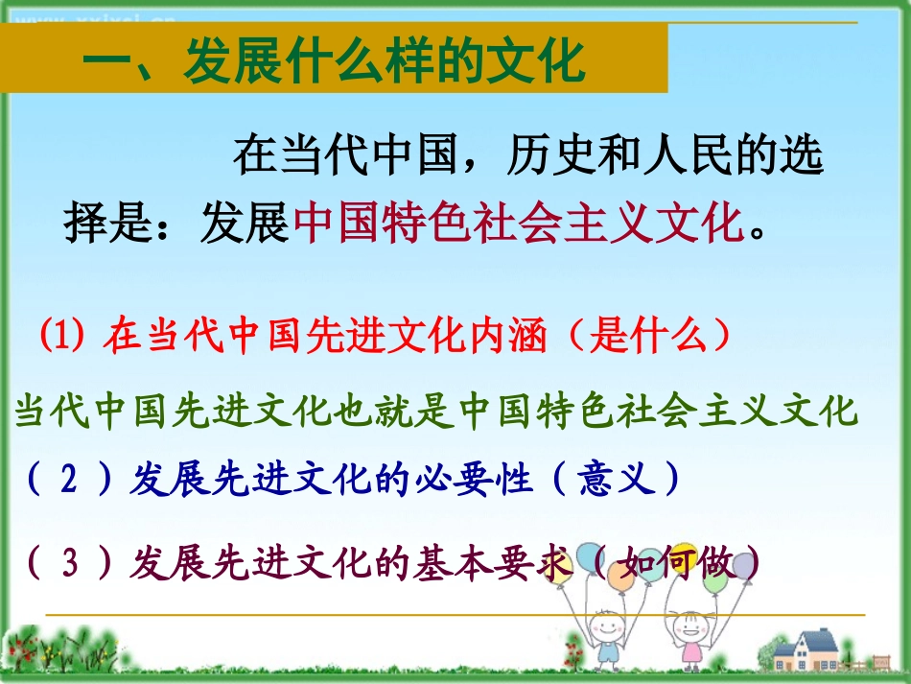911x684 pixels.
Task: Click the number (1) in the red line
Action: point(65,338)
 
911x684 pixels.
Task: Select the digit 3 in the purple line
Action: point(68,561)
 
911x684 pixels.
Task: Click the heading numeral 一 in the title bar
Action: point(107,63)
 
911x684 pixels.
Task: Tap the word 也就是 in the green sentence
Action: point(387,412)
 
